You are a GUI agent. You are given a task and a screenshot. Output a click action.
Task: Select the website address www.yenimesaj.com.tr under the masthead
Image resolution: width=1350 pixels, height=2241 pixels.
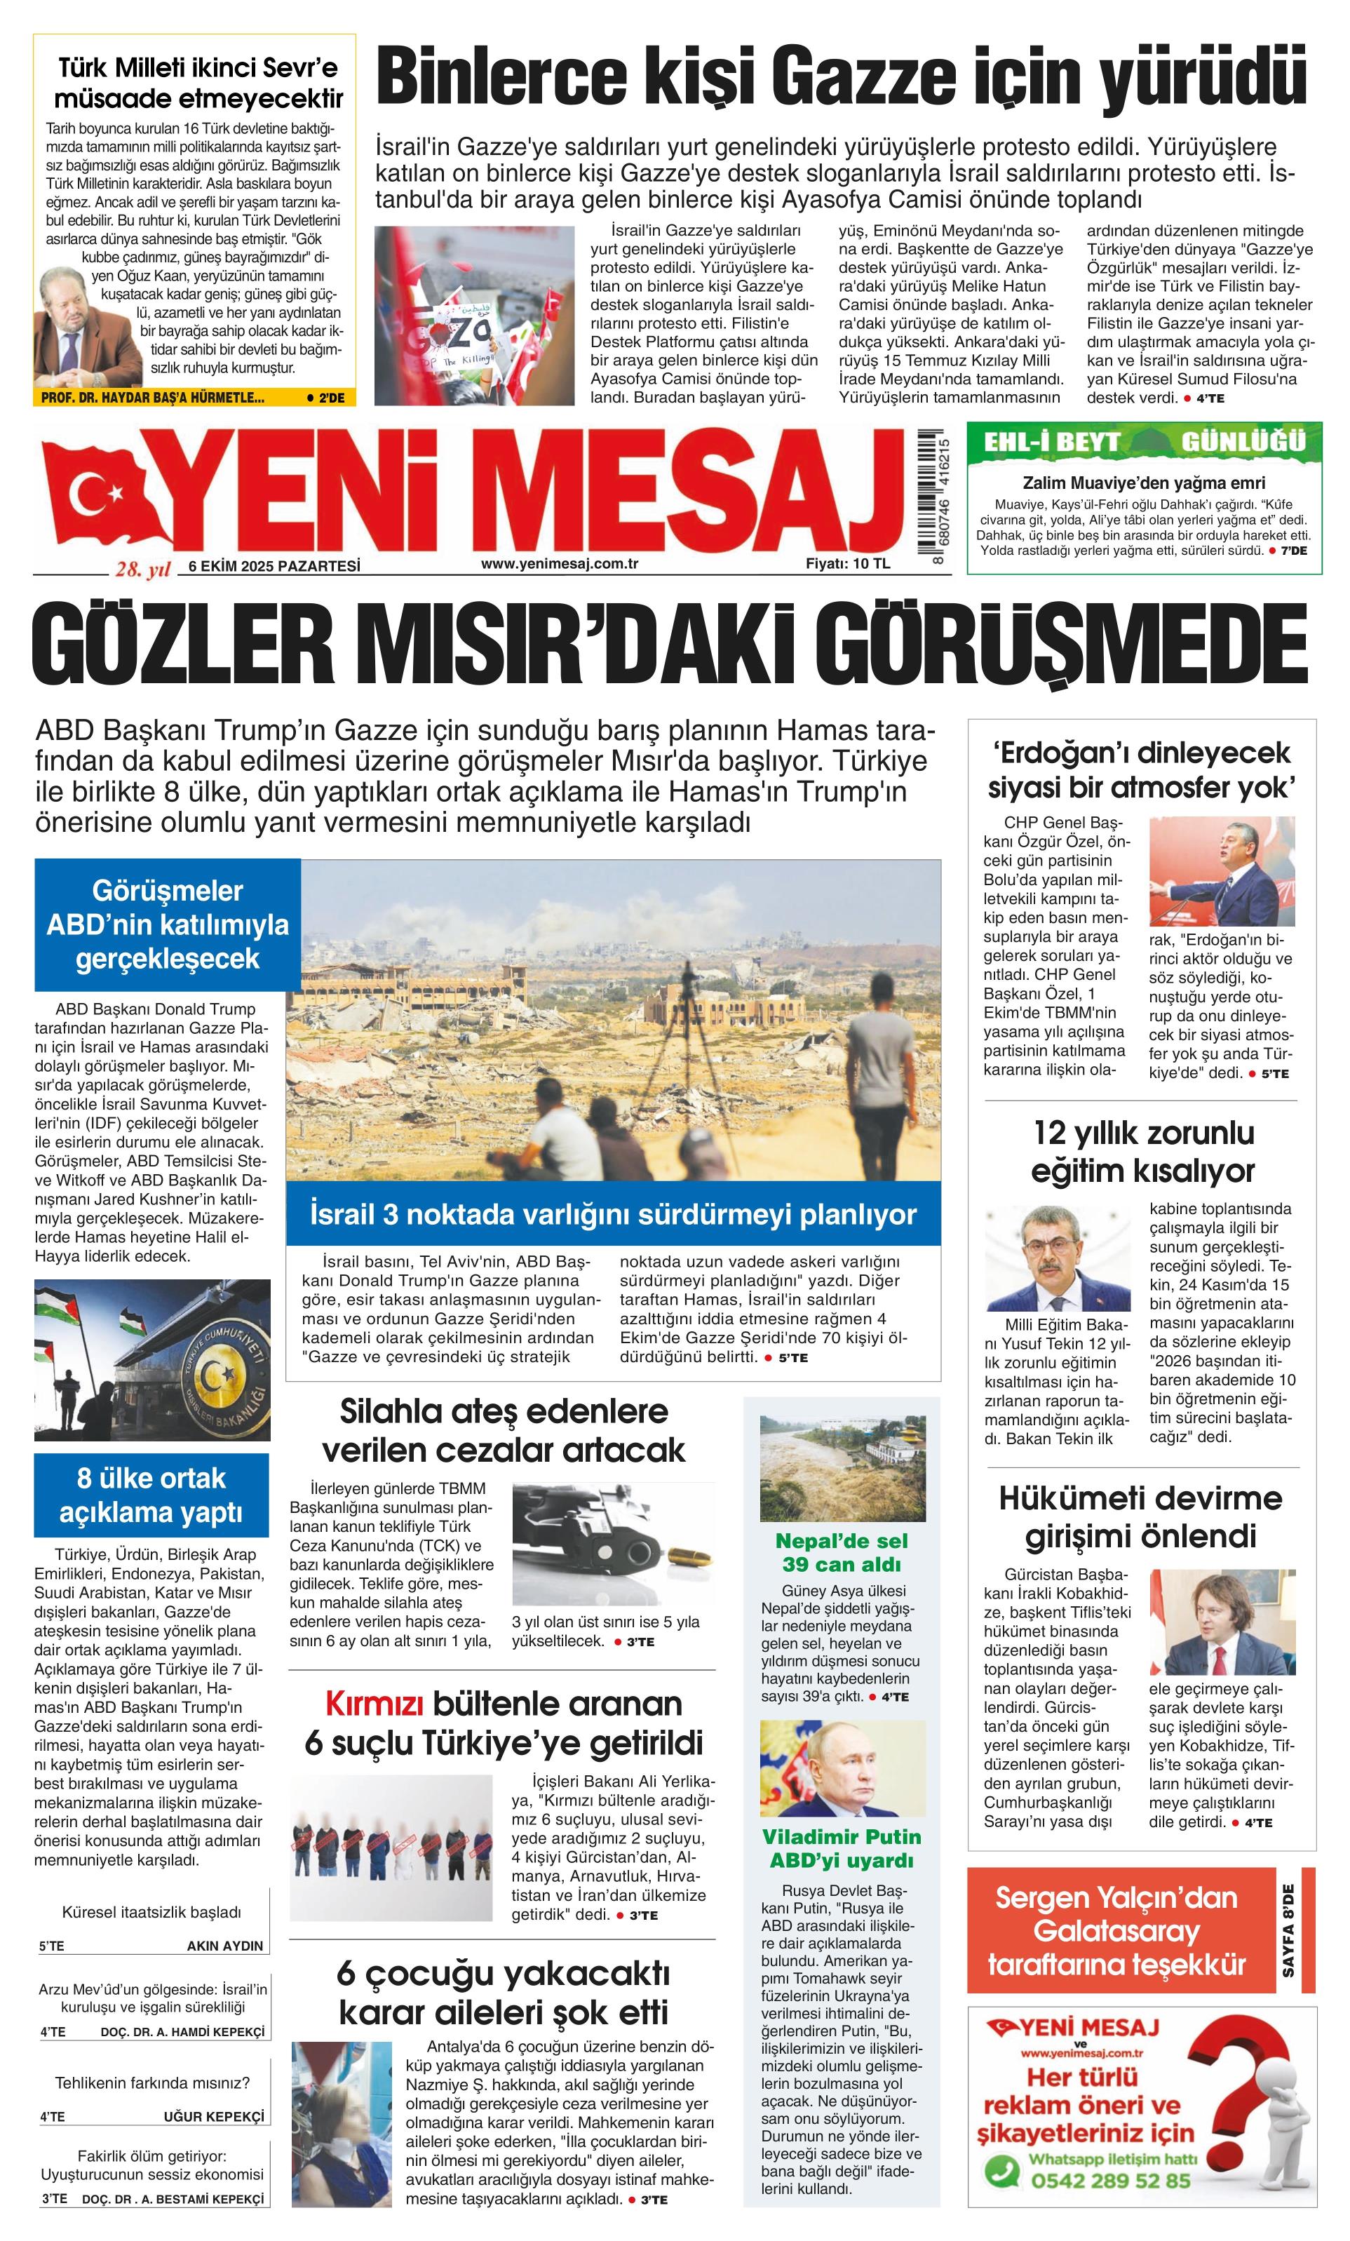click(559, 564)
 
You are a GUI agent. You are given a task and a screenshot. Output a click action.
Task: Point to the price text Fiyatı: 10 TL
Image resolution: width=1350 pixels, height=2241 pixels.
click(848, 564)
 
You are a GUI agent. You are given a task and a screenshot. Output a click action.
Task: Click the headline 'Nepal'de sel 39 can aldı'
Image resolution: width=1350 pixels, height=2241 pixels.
click(841, 1552)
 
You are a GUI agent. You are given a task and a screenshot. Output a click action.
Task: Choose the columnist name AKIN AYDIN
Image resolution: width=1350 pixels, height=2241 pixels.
click(224, 1946)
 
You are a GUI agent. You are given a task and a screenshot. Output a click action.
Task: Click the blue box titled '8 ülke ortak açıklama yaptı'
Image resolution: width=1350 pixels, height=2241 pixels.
click(151, 1494)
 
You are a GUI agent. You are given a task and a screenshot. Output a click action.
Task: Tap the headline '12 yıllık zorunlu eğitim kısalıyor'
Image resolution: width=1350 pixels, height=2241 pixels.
click(1142, 1152)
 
